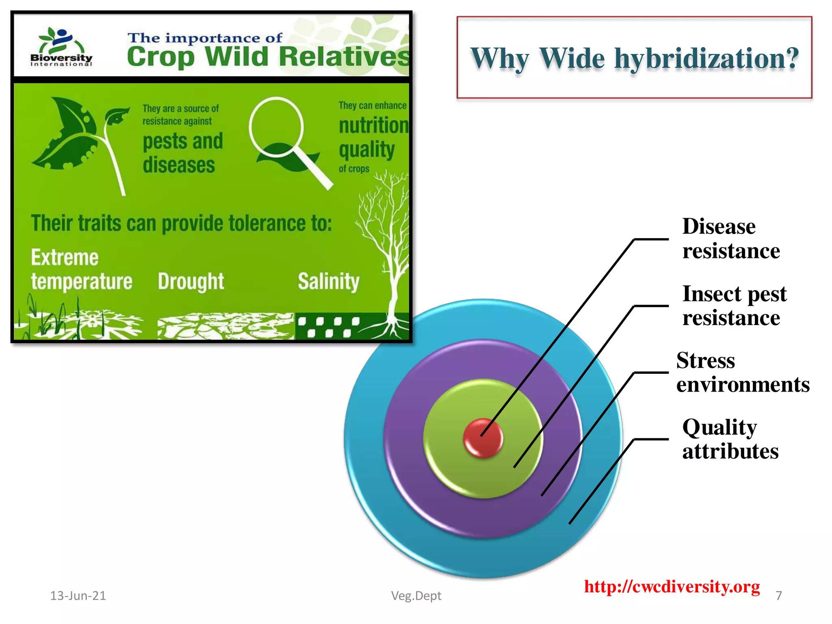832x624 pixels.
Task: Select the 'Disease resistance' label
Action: [730, 238]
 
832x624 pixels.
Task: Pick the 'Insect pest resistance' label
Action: [734, 305]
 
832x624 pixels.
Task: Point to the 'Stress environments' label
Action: [742, 372]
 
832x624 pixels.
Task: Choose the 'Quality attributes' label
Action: [730, 439]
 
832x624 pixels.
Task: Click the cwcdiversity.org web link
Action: [672, 587]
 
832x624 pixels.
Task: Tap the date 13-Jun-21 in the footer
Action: [78, 596]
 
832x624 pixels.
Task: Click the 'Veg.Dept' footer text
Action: [416, 596]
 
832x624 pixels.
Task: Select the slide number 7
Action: [778, 596]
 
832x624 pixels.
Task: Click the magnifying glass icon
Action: [284, 138]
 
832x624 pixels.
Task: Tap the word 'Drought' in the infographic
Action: [191, 281]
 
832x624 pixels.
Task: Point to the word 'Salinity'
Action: [328, 281]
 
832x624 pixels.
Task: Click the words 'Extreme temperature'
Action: [81, 269]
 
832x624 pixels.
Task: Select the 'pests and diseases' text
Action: [182, 153]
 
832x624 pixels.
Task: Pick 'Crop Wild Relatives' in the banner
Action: [268, 57]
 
